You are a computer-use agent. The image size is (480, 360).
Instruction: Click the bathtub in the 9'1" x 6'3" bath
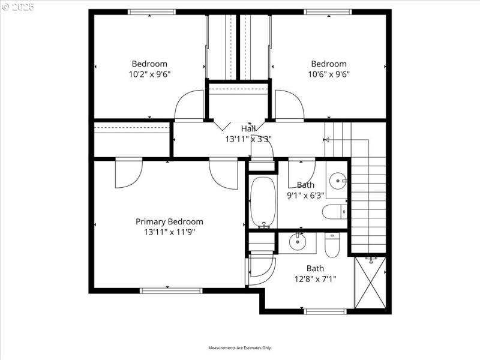pyautogui.click(x=262, y=202)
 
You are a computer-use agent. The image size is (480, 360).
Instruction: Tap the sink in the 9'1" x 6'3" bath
pyautogui.click(x=338, y=179)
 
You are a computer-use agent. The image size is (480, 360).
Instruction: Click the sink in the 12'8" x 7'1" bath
pyautogui.click(x=297, y=242)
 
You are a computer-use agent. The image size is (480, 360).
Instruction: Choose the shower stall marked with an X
pyautogui.click(x=370, y=282)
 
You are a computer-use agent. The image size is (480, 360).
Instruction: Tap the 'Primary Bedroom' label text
pyautogui.click(x=169, y=221)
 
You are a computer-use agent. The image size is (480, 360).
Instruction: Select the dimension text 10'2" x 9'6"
pyautogui.click(x=149, y=74)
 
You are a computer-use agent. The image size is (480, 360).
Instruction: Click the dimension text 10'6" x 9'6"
pyautogui.click(x=328, y=74)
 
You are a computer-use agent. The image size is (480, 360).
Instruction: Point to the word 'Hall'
pyautogui.click(x=248, y=128)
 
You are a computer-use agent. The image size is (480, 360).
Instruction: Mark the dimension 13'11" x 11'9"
pyautogui.click(x=169, y=232)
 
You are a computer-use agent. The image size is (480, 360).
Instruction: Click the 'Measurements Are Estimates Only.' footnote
pyautogui.click(x=240, y=348)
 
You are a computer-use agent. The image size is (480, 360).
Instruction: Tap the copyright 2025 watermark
pyautogui.click(x=18, y=7)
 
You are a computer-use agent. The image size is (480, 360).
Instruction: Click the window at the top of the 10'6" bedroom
pyautogui.click(x=328, y=11)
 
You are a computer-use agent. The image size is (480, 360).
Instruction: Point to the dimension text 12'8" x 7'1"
pyautogui.click(x=315, y=278)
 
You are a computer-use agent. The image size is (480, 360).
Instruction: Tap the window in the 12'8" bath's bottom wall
pyautogui.click(x=325, y=311)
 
